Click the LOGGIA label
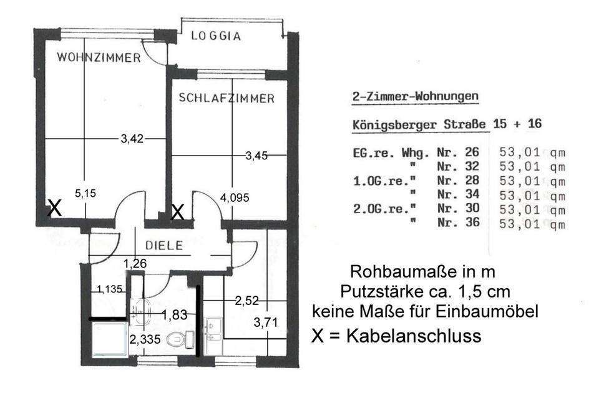215,36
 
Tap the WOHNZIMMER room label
99,58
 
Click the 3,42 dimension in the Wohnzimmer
132,139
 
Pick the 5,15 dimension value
86,194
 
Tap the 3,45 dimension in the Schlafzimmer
256,156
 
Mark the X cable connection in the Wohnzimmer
55,209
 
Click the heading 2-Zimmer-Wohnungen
412,96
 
